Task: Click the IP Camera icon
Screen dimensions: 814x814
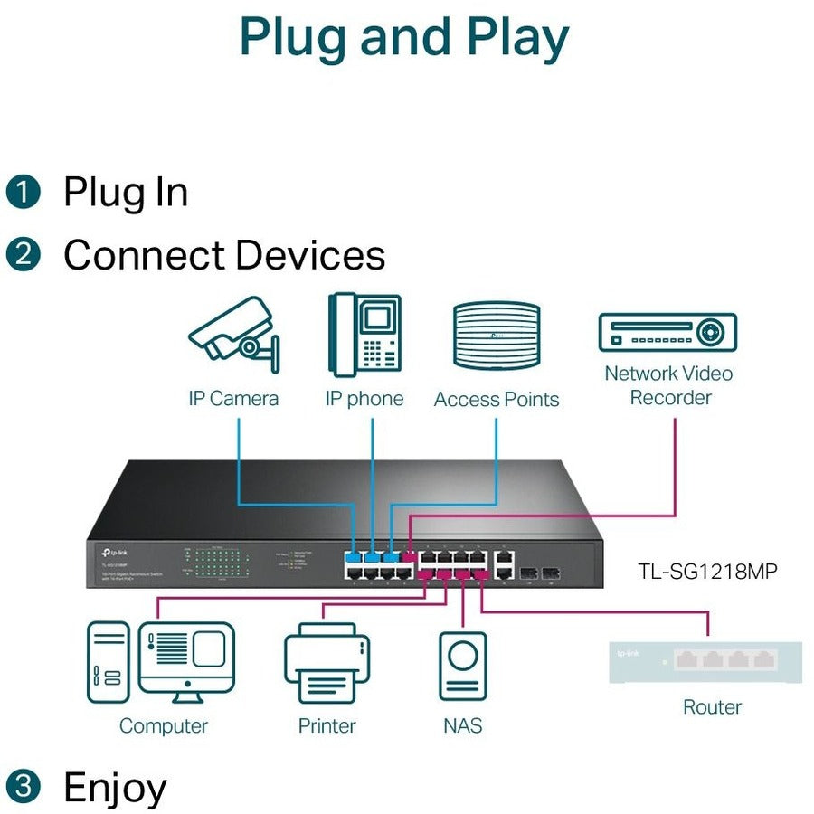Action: pyautogui.click(x=232, y=336)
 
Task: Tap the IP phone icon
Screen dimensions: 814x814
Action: pyautogui.click(x=364, y=334)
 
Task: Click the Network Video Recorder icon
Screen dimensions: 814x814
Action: pyautogui.click(x=667, y=332)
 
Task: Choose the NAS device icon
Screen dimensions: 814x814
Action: pyautogui.click(x=462, y=667)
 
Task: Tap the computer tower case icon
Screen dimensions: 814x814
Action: pyautogui.click(x=108, y=663)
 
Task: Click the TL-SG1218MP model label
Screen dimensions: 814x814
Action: pyautogui.click(x=706, y=571)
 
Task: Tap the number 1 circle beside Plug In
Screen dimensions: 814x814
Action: pyautogui.click(x=24, y=192)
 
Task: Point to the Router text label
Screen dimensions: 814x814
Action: pyautogui.click(x=712, y=707)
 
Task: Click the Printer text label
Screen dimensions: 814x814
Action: pyautogui.click(x=327, y=725)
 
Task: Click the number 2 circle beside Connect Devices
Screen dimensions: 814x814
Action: pyautogui.click(x=24, y=254)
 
